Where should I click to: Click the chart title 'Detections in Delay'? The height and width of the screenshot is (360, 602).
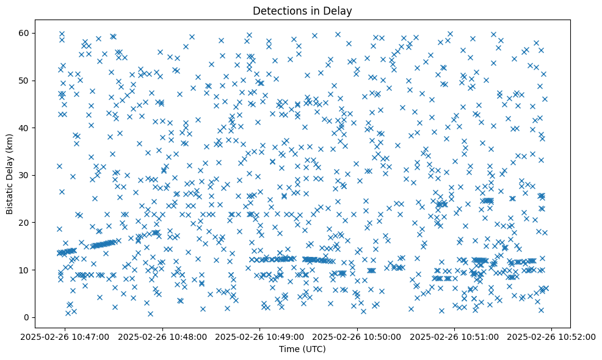point(302,10)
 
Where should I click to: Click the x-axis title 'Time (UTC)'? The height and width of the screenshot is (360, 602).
point(302,349)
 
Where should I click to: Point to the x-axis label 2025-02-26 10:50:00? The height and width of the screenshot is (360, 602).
point(357,336)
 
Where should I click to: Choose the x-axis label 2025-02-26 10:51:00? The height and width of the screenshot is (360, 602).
point(454,336)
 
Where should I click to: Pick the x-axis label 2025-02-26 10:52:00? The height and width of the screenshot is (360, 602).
point(551,336)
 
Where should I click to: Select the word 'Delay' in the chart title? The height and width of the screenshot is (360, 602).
point(339,10)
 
